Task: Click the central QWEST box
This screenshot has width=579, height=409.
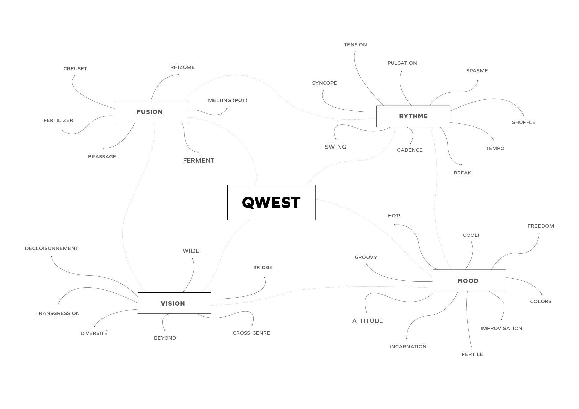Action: (x=271, y=202)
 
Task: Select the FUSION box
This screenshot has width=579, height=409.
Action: (x=151, y=112)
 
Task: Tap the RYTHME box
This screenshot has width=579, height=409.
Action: (x=413, y=116)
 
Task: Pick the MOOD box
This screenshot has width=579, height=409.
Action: (x=469, y=281)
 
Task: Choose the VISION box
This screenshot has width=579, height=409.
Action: (x=174, y=303)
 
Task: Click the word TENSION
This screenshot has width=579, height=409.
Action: (x=355, y=45)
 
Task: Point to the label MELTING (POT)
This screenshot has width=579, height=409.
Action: (x=227, y=100)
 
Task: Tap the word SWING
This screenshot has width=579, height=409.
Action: (x=335, y=147)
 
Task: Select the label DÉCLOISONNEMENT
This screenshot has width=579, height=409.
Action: (x=51, y=248)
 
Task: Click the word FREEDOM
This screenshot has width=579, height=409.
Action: (x=540, y=226)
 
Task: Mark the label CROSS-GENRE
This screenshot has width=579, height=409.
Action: (x=251, y=333)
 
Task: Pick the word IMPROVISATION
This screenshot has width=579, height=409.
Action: (x=501, y=328)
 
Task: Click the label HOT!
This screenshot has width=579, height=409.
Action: (x=394, y=216)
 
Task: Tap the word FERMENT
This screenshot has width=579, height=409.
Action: (x=198, y=161)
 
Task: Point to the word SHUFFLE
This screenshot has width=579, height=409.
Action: (x=524, y=122)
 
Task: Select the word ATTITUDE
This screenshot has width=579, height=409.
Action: (x=367, y=321)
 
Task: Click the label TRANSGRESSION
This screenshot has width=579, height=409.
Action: (x=57, y=313)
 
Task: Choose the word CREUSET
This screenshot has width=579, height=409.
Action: (x=75, y=69)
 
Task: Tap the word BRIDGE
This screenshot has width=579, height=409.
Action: (x=263, y=267)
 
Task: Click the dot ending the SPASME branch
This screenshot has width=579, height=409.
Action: (x=477, y=80)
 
